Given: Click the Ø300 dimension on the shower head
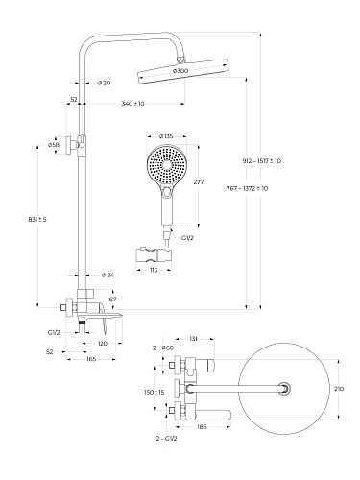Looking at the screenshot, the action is pos(180,71).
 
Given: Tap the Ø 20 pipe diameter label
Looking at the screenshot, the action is pos(104,83).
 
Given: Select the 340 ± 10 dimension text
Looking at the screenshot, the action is pos(132,104).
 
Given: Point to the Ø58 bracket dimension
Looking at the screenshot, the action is pos(54,145).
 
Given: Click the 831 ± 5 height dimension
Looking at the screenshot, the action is pos(37,220).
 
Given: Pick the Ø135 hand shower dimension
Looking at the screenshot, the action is pos(166,136).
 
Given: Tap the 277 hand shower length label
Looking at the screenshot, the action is pos(199,181).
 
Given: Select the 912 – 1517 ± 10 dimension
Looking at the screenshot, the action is pos(262,161).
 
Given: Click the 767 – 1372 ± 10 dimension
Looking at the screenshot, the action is pos(247,188).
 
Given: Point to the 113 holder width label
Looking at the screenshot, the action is pos(154,270).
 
